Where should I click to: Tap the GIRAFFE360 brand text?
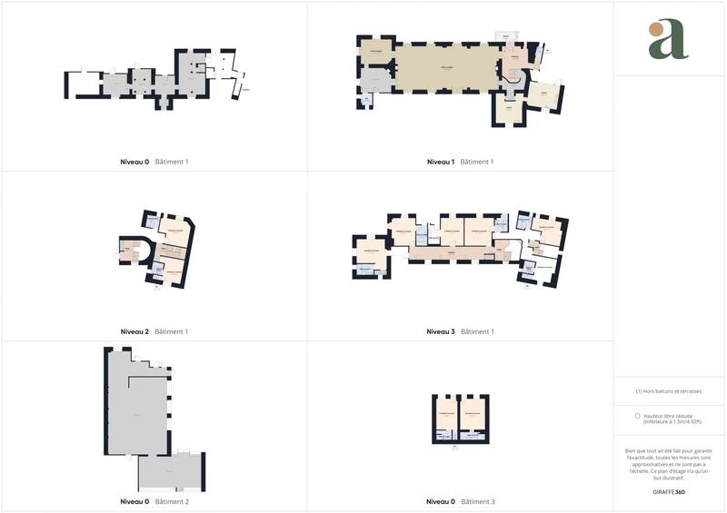[x=669, y=491]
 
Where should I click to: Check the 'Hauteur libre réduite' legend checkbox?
[x=638, y=416]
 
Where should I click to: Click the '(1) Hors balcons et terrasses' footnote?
[x=669, y=391]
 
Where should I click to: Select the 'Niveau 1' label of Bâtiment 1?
[x=441, y=162]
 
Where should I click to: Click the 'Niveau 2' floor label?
[x=134, y=331]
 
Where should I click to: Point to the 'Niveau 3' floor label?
[x=441, y=331]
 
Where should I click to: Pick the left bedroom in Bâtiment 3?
[x=446, y=413]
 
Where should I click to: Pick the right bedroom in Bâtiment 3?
[x=472, y=413]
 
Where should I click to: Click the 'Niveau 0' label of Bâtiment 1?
[x=134, y=162]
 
